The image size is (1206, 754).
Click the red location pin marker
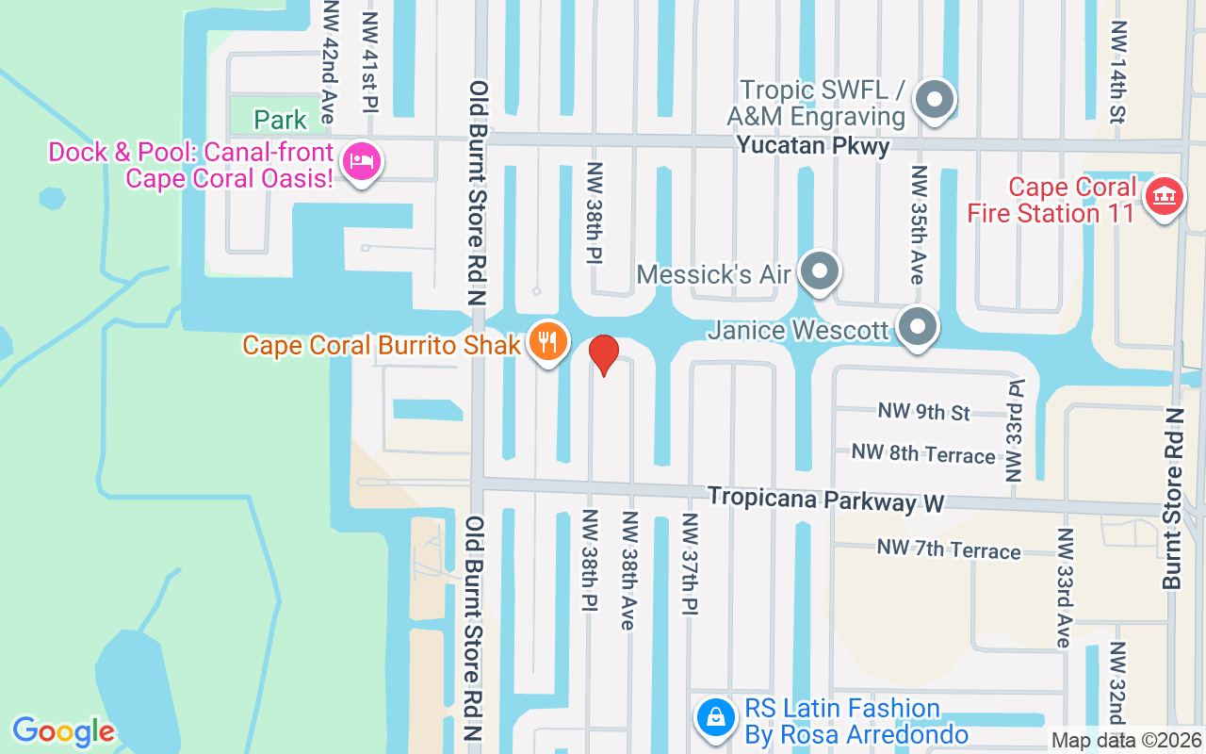coord(603,355)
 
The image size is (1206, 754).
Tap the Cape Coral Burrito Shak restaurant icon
coord(546,342)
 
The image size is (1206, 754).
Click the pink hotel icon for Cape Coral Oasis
coord(361,164)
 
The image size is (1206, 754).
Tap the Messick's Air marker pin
coord(820,272)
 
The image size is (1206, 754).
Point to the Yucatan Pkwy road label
coord(813,146)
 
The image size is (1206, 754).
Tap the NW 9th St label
coord(923,412)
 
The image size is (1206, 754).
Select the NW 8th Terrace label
coord(923,454)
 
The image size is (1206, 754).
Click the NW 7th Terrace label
coord(949,549)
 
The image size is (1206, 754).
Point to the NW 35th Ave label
coord(918,224)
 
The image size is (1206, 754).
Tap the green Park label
coord(280,120)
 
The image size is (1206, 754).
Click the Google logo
coord(63,730)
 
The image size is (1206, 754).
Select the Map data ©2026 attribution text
coord(1127,741)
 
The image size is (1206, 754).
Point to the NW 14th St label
coord(1118,71)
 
